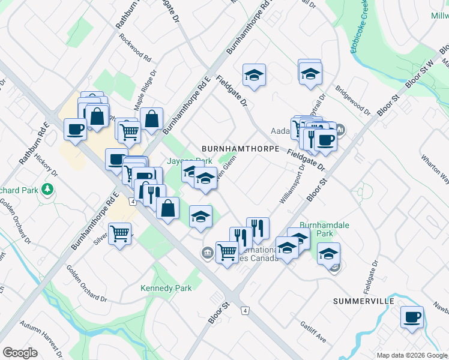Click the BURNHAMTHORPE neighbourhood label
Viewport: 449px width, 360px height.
[x=241, y=148]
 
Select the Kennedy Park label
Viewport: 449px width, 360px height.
[x=166, y=288]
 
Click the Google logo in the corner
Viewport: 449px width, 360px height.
[x=20, y=353]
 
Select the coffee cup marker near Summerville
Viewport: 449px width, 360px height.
[x=412, y=317]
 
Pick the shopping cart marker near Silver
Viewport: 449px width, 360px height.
[x=120, y=233]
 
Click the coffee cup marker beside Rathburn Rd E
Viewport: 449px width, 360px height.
[x=76, y=129]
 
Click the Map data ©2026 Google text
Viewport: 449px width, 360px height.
[x=411, y=355]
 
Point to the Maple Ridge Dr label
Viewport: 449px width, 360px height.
[x=144, y=89]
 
